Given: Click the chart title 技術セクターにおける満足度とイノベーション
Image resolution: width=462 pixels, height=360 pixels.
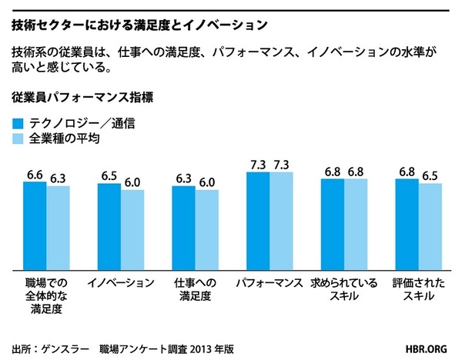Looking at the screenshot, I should [x=139, y=25].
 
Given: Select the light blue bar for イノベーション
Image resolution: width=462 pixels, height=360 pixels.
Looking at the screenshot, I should [x=132, y=229].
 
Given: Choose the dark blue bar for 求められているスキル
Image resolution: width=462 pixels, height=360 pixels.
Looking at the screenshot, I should [x=332, y=224].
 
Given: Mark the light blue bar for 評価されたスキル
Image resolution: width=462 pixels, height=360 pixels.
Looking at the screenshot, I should [x=430, y=226].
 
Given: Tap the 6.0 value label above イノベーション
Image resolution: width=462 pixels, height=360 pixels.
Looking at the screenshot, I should [x=133, y=183].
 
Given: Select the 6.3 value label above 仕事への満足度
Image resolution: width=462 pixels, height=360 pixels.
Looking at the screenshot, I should [x=183, y=179].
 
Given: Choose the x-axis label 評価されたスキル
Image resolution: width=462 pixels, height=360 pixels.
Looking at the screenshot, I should [x=419, y=289].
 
